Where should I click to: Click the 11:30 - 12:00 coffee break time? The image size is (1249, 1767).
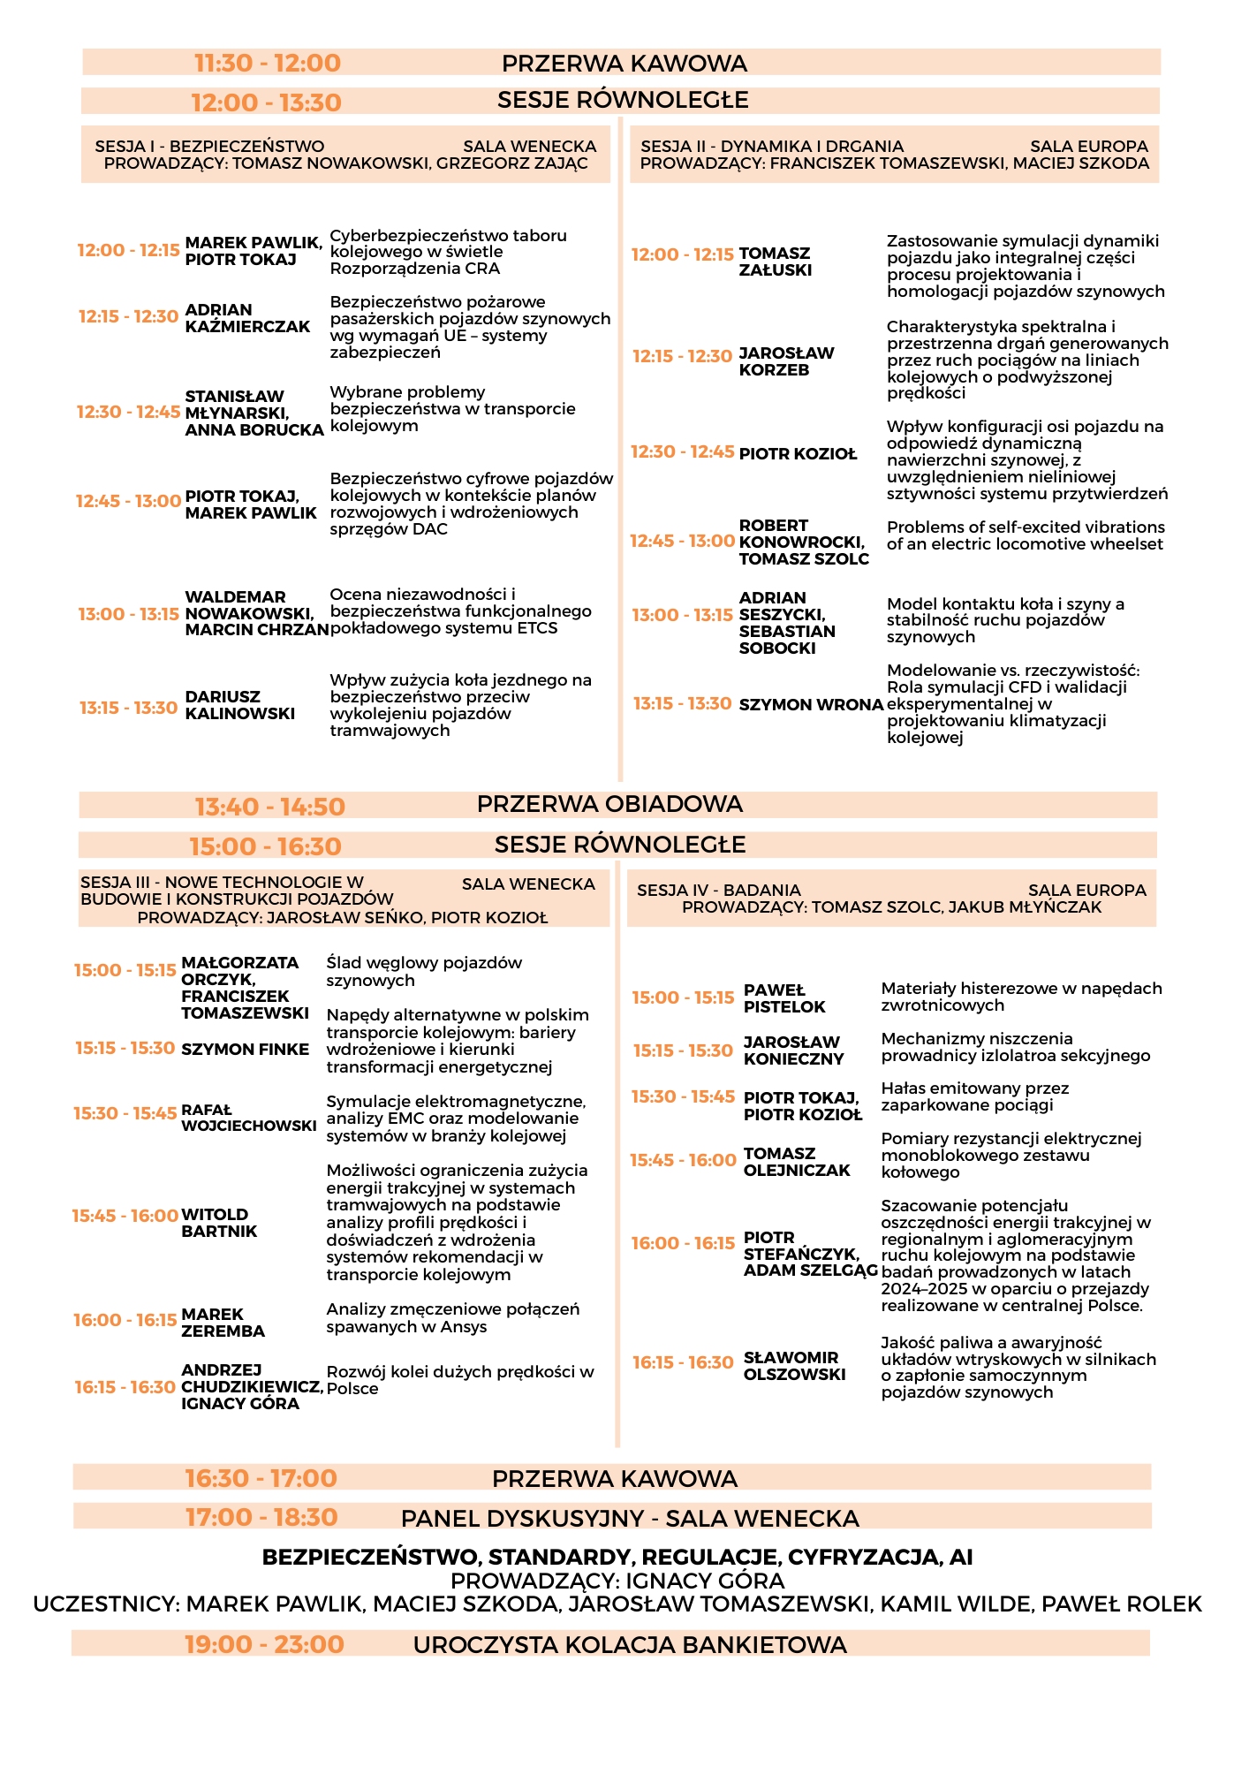[267, 64]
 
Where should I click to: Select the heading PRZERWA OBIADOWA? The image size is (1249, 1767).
[609, 804]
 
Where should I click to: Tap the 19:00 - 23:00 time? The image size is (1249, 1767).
[264, 1644]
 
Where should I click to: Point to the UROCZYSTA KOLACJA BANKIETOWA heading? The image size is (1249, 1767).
[630, 1644]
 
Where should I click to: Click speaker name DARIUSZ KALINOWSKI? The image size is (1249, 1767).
[239, 705]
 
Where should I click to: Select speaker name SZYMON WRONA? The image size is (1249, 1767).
[810, 704]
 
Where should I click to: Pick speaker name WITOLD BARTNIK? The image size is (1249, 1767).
[218, 1223]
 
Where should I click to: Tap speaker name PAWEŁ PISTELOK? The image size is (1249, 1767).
[783, 998]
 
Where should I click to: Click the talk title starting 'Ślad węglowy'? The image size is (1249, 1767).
[424, 971]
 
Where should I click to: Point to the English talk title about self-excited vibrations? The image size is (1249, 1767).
[1025, 535]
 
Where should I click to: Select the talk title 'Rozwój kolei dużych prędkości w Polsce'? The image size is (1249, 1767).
[459, 1380]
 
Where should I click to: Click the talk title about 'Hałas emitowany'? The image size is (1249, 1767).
[974, 1096]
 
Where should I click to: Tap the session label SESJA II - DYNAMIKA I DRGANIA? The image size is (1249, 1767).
[772, 147]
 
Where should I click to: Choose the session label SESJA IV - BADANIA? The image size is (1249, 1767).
[718, 891]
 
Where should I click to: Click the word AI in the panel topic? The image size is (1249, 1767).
[960, 1557]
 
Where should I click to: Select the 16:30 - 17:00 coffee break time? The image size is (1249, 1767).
[261, 1478]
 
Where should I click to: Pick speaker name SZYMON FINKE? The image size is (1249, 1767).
[245, 1050]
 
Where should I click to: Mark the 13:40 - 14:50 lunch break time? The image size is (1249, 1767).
[269, 807]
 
